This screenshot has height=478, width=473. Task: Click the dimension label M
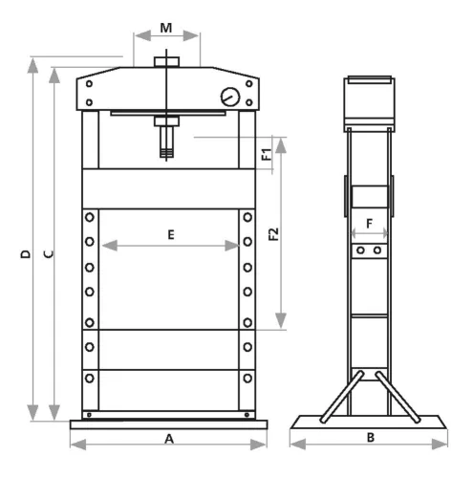pyautogui.click(x=166, y=28)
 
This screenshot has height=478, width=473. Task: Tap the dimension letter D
pyautogui.click(x=26, y=254)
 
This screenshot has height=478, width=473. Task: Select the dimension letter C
pyautogui.click(x=49, y=254)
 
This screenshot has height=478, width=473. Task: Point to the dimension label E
pyautogui.click(x=171, y=235)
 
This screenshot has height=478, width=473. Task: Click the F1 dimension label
pyautogui.click(x=267, y=154)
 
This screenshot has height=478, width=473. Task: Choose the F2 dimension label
pyautogui.click(x=273, y=234)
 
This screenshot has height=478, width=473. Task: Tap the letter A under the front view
pyautogui.click(x=169, y=439)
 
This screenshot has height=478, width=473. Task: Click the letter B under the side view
pyautogui.click(x=371, y=438)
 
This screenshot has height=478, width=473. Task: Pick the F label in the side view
pyautogui.click(x=369, y=224)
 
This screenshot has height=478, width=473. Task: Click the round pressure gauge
pyautogui.click(x=230, y=97)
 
